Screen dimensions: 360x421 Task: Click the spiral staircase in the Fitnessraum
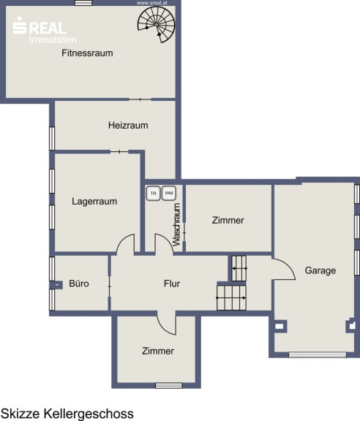point(157,24)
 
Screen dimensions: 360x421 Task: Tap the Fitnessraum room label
point(87,53)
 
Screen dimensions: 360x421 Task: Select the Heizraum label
point(128,125)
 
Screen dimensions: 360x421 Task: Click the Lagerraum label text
point(94,202)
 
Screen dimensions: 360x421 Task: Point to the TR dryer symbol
point(153,193)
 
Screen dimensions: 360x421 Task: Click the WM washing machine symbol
point(169,193)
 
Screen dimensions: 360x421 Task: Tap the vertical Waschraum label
point(176,224)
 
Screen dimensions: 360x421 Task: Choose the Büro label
point(79,284)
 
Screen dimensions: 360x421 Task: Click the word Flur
point(172,284)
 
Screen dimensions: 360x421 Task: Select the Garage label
point(320,270)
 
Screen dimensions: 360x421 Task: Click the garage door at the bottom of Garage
point(318,355)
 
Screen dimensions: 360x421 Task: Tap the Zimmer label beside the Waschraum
point(228,220)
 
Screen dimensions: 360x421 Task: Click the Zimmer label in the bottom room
point(158,351)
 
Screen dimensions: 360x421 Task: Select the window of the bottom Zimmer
point(169,386)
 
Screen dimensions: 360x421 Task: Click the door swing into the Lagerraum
point(125,243)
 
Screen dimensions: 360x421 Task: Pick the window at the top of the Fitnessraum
point(83,3)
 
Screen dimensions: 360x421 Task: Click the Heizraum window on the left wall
point(52,139)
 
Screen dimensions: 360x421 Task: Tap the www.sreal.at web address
point(152,3)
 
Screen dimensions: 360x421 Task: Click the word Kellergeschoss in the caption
point(89,414)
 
